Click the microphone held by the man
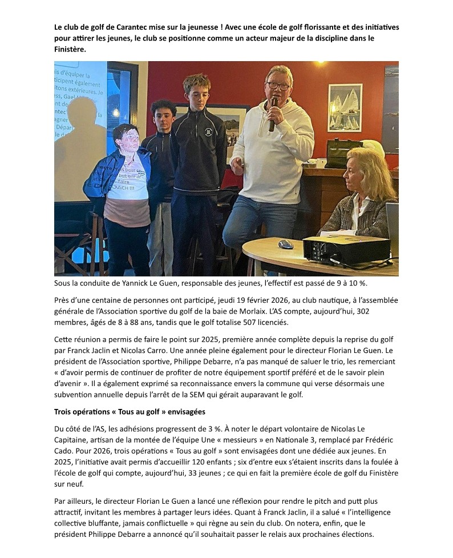pyautogui.click(x=273, y=114)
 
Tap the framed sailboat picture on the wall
pyautogui.click(x=345, y=107)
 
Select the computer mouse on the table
pyautogui.click(x=285, y=244)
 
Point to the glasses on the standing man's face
pyautogui.click(x=278, y=86)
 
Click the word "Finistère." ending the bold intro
pyautogui.click(x=72, y=49)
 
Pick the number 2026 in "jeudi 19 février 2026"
pyautogui.click(x=249, y=300)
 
